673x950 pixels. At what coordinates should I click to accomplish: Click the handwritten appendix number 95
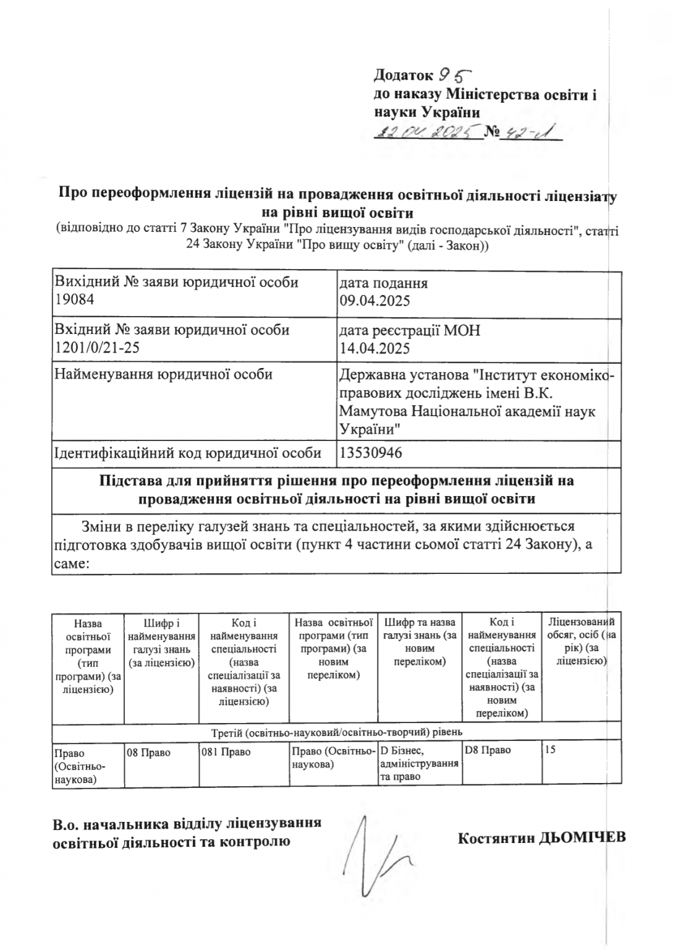pos(454,75)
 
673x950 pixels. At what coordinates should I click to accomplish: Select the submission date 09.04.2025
pos(375,301)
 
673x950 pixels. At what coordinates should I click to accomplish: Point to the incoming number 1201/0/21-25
pos(97,347)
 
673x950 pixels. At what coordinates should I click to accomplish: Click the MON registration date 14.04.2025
pos(375,348)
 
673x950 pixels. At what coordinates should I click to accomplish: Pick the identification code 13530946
pos(371,453)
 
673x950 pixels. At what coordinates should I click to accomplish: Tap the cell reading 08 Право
pos(148,753)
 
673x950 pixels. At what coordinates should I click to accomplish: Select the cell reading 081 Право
pos(226,753)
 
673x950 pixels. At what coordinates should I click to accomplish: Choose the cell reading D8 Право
pos(488,750)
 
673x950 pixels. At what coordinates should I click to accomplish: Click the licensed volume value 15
pos(551,750)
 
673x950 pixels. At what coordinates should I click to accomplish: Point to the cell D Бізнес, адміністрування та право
pos(419,763)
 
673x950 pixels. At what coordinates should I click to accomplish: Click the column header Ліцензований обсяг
pos(581,641)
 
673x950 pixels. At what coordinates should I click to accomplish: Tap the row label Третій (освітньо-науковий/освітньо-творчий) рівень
pos(337,732)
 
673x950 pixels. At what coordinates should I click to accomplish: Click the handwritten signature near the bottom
pos(380,860)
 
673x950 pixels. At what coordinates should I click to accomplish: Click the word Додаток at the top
pos(403,75)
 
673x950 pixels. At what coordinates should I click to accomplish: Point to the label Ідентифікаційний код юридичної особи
pos(188,453)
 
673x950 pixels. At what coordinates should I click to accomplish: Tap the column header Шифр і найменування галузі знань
pos(161,642)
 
